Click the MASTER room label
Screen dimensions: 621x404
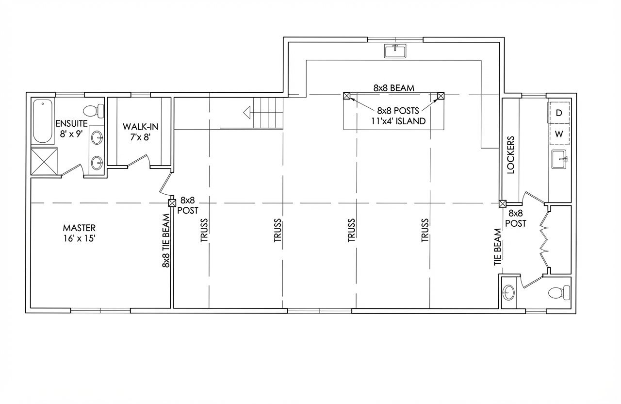point(79,228)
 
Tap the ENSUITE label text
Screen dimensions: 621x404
point(71,123)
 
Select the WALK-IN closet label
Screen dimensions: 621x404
point(140,127)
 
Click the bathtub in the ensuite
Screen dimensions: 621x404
point(43,121)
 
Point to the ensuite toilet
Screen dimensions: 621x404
point(94,111)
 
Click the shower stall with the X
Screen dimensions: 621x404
point(44,162)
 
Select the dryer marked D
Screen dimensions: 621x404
point(559,113)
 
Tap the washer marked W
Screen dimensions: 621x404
point(559,134)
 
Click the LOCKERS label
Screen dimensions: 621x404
point(510,155)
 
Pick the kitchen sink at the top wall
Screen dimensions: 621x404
point(395,51)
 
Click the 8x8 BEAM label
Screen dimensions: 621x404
point(393,88)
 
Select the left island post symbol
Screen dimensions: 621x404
point(346,96)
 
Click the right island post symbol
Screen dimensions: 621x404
point(441,96)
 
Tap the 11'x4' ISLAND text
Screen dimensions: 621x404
point(398,121)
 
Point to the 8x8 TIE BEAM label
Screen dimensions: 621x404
point(166,240)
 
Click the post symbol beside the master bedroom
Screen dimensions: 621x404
point(172,203)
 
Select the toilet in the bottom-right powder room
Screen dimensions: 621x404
point(559,293)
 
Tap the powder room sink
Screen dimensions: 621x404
point(508,293)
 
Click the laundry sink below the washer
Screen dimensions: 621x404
point(559,159)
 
